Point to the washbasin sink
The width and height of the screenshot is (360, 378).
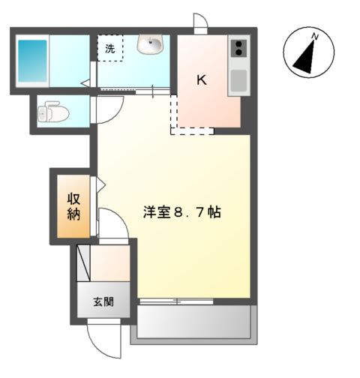pyautogui.click(x=150, y=46)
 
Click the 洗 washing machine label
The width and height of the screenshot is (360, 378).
pyautogui.click(x=110, y=49)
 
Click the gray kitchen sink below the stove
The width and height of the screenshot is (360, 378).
pyautogui.click(x=238, y=80)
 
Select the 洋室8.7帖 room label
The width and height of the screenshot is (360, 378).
pyautogui.click(x=181, y=212)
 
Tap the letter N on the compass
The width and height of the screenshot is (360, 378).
pyautogui.click(x=316, y=35)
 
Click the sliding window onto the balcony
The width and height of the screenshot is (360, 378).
pyautogui.click(x=177, y=301)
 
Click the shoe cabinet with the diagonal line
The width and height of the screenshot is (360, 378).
pyautogui.click(x=84, y=262)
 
